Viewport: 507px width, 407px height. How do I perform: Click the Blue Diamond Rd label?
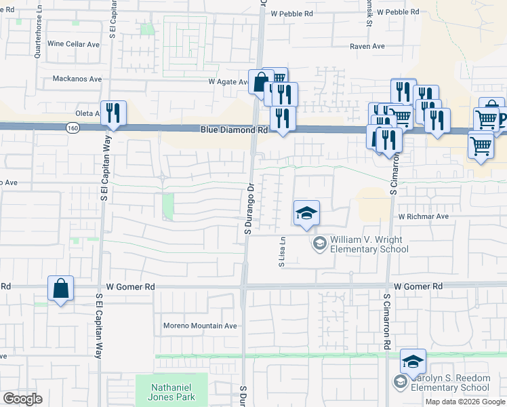click(234, 130)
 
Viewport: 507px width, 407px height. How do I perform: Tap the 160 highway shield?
click(73, 127)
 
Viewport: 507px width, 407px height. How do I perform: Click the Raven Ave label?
click(367, 46)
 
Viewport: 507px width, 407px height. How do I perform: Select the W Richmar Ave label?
click(424, 217)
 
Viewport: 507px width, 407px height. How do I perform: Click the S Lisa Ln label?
click(281, 252)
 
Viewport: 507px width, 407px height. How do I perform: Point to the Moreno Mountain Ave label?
click(200, 326)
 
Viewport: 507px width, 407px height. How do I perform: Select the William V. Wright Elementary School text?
click(369, 245)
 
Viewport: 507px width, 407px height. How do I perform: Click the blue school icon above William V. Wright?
click(306, 213)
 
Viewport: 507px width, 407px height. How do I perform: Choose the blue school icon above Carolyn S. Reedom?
click(413, 362)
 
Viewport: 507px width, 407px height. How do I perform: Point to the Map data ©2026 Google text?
click(466, 402)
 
